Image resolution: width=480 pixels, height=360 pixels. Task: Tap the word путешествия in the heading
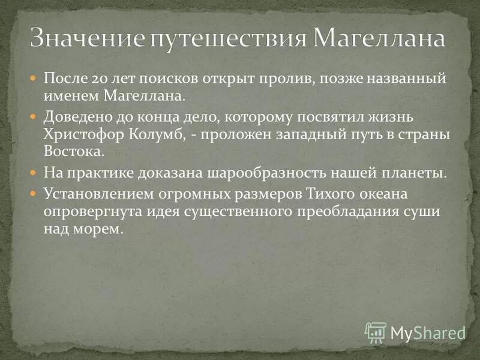pyautogui.click(x=227, y=40)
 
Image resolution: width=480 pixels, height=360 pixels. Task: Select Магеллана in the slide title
pyautogui.click(x=380, y=40)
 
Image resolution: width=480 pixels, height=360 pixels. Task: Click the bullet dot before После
pyautogui.click(x=34, y=79)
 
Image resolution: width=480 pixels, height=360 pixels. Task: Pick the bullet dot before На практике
pyautogui.click(x=34, y=173)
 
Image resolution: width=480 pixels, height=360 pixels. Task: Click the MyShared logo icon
pyautogui.click(x=376, y=332)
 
